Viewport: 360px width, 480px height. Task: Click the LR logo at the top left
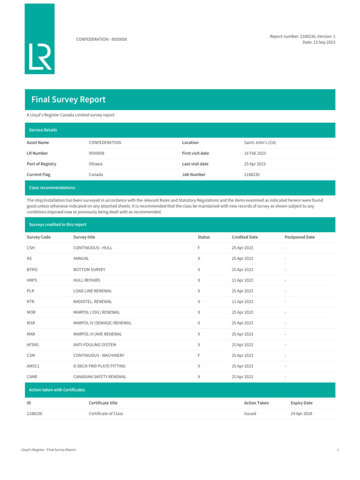point(39,38)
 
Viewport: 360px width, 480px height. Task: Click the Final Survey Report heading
point(68,99)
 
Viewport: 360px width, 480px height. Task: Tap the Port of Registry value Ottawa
point(96,164)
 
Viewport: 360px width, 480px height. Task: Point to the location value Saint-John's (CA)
point(263,142)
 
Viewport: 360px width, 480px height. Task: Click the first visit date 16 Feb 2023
point(255,153)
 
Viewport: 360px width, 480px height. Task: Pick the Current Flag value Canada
point(96,174)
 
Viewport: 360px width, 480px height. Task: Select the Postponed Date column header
point(300,237)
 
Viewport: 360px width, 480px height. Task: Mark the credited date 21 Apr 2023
point(242,280)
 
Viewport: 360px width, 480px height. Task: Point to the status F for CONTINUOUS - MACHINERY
point(199,355)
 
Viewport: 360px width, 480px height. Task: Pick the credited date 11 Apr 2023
point(242,302)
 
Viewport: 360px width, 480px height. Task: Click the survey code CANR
point(32,377)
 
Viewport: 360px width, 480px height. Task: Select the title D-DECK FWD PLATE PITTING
point(99,366)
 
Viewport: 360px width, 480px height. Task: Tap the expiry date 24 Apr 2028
point(301,414)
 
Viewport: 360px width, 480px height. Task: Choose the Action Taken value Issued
point(250,414)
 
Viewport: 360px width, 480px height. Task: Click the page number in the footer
point(337,450)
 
